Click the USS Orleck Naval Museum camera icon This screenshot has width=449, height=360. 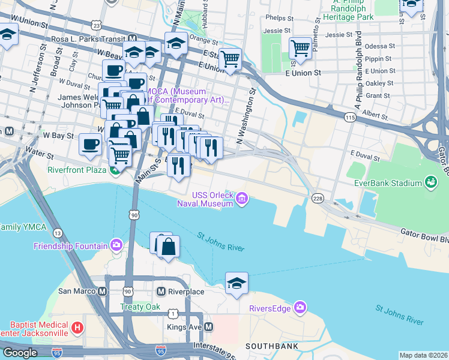pos(241,199)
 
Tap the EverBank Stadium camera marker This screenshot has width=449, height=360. pos(430,181)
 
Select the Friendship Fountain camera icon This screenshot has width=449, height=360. pos(116,245)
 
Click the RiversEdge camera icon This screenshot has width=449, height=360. pos(300,308)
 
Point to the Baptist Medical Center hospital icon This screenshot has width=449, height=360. pos(77,328)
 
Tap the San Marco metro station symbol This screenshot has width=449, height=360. pos(103,292)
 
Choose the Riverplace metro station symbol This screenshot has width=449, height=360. pos(160,292)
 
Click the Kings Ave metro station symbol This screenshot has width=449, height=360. pos(209,327)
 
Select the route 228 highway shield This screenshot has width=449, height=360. pos(318,199)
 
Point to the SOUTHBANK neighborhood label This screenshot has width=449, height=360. pos(269,346)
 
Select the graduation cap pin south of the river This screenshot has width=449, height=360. pos(237,283)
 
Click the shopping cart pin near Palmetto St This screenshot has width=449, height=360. pos(300,47)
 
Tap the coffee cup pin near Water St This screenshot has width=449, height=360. pos(90,145)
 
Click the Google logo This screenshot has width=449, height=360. pos(20,353)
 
